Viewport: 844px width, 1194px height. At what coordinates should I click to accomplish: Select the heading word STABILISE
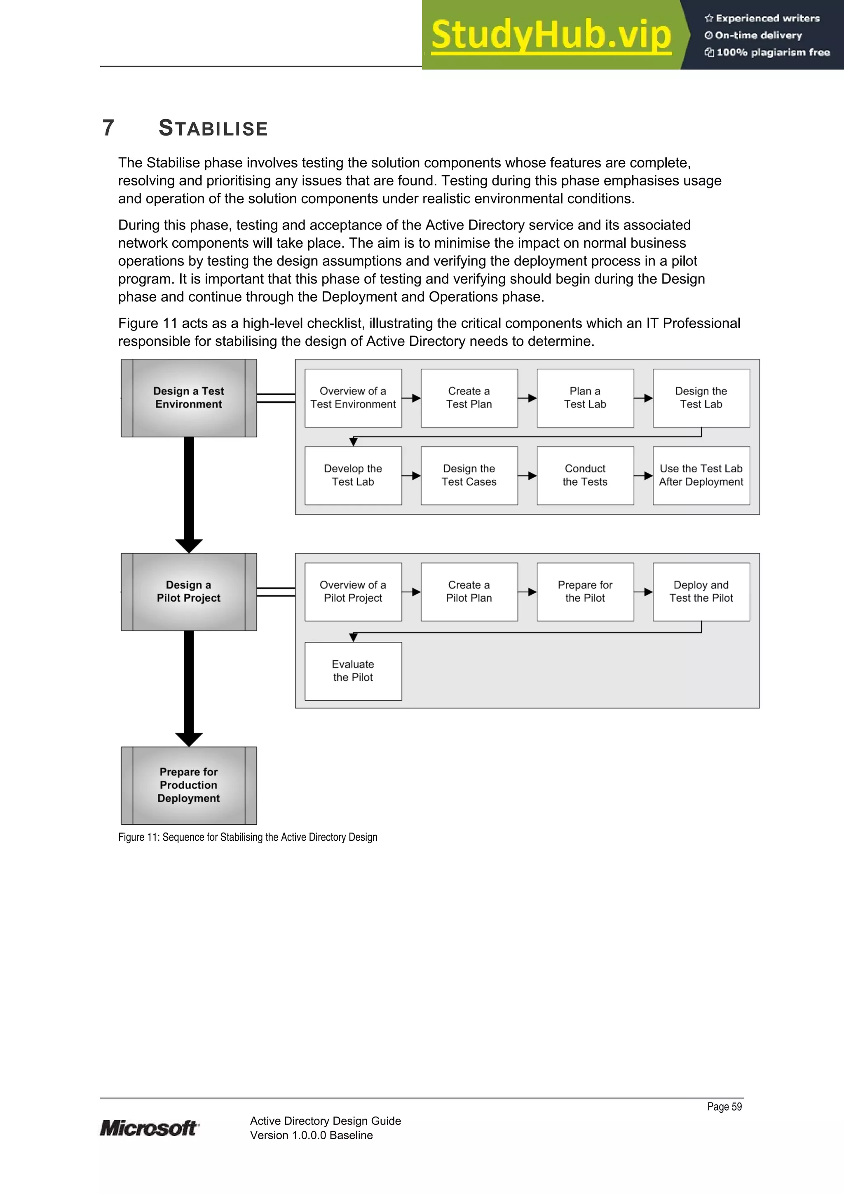213,129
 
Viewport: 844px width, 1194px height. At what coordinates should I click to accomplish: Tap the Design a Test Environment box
188,398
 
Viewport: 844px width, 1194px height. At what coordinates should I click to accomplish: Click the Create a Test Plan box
469,398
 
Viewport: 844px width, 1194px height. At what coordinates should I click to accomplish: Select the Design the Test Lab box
701,398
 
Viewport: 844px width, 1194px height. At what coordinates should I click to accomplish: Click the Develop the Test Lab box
353,475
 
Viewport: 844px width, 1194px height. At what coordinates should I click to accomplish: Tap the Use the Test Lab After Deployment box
701,475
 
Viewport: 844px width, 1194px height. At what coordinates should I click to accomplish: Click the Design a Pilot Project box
188,592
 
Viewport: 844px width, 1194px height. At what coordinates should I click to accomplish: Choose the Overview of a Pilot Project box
353,592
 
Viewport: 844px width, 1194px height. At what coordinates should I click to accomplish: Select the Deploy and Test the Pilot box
701,592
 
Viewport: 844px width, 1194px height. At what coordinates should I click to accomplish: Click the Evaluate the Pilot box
353,671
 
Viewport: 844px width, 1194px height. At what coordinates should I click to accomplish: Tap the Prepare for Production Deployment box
188,785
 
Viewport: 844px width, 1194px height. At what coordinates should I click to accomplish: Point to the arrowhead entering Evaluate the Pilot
353,638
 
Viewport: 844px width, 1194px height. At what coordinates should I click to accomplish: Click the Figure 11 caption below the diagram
248,837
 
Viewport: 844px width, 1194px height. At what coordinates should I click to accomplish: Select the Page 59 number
724,1107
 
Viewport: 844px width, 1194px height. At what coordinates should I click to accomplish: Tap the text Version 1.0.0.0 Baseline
311,1135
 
